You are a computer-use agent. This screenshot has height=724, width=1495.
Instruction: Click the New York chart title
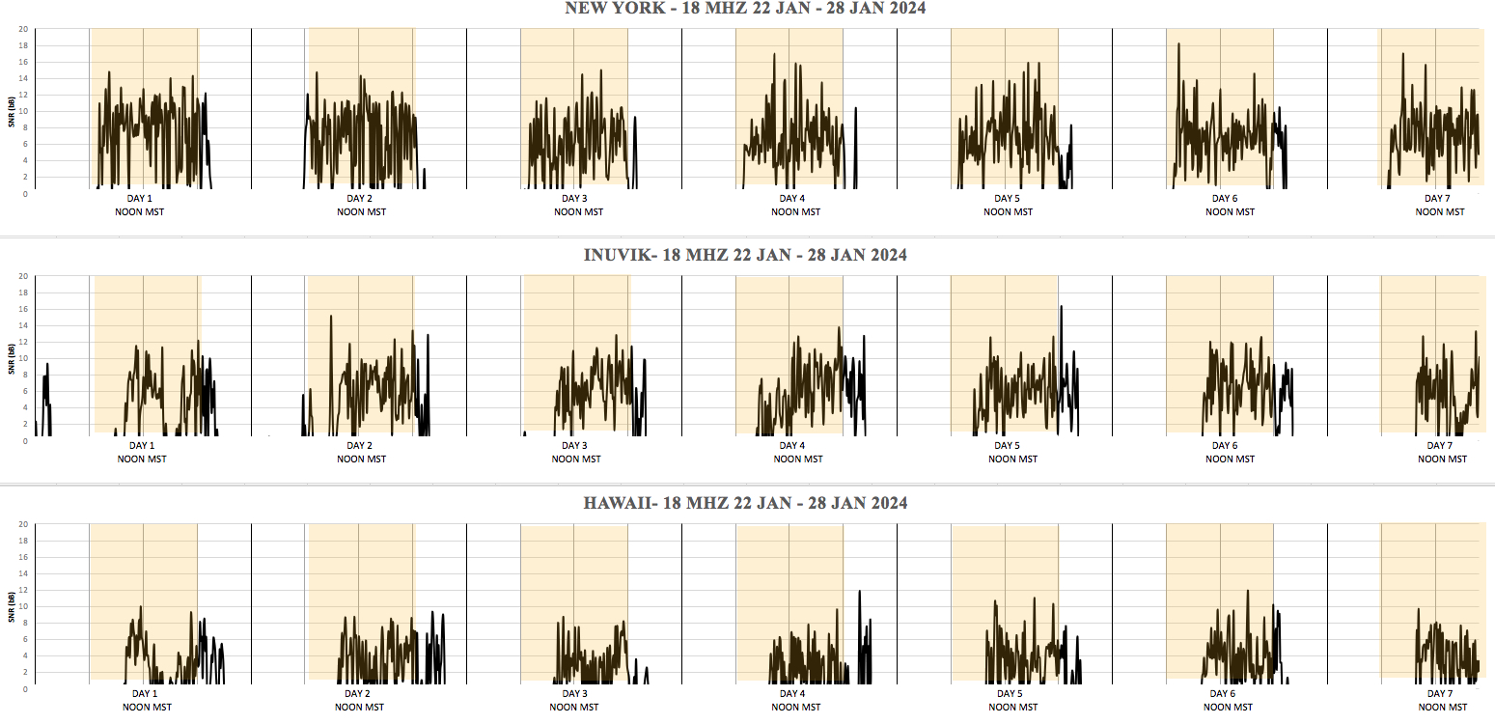[x=745, y=9]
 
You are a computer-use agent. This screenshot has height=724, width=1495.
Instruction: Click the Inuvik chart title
[x=745, y=256]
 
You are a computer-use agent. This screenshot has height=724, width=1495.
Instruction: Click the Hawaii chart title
[x=745, y=503]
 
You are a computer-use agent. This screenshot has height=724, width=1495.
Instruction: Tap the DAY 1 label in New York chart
[x=141, y=199]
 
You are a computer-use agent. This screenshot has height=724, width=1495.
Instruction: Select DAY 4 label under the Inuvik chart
[x=791, y=446]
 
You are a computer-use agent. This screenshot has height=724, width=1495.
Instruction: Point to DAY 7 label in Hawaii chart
[x=1438, y=694]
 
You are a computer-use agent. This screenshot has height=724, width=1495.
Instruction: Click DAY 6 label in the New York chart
[x=1225, y=199]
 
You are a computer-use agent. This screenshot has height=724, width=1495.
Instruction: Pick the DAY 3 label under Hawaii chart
[x=574, y=694]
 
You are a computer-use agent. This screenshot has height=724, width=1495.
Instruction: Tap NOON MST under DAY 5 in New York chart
[x=1009, y=212]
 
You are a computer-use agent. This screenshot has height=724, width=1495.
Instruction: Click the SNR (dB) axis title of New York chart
[x=10, y=111]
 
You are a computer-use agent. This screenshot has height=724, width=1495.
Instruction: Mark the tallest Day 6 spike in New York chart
[x=1178, y=43]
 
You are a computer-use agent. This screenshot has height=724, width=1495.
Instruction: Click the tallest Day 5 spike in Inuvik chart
[x=1061, y=307]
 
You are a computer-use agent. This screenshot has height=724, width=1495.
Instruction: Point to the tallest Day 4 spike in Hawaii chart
[x=859, y=591]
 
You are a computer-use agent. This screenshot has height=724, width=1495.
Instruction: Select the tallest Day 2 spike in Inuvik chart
[x=331, y=316]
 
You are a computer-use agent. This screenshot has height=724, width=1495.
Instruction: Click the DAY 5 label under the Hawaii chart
[x=1009, y=694]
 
